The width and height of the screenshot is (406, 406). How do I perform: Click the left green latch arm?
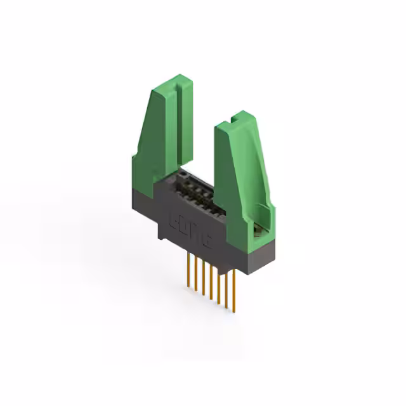point(159,140)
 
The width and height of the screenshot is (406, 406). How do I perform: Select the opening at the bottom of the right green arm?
point(257,225)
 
